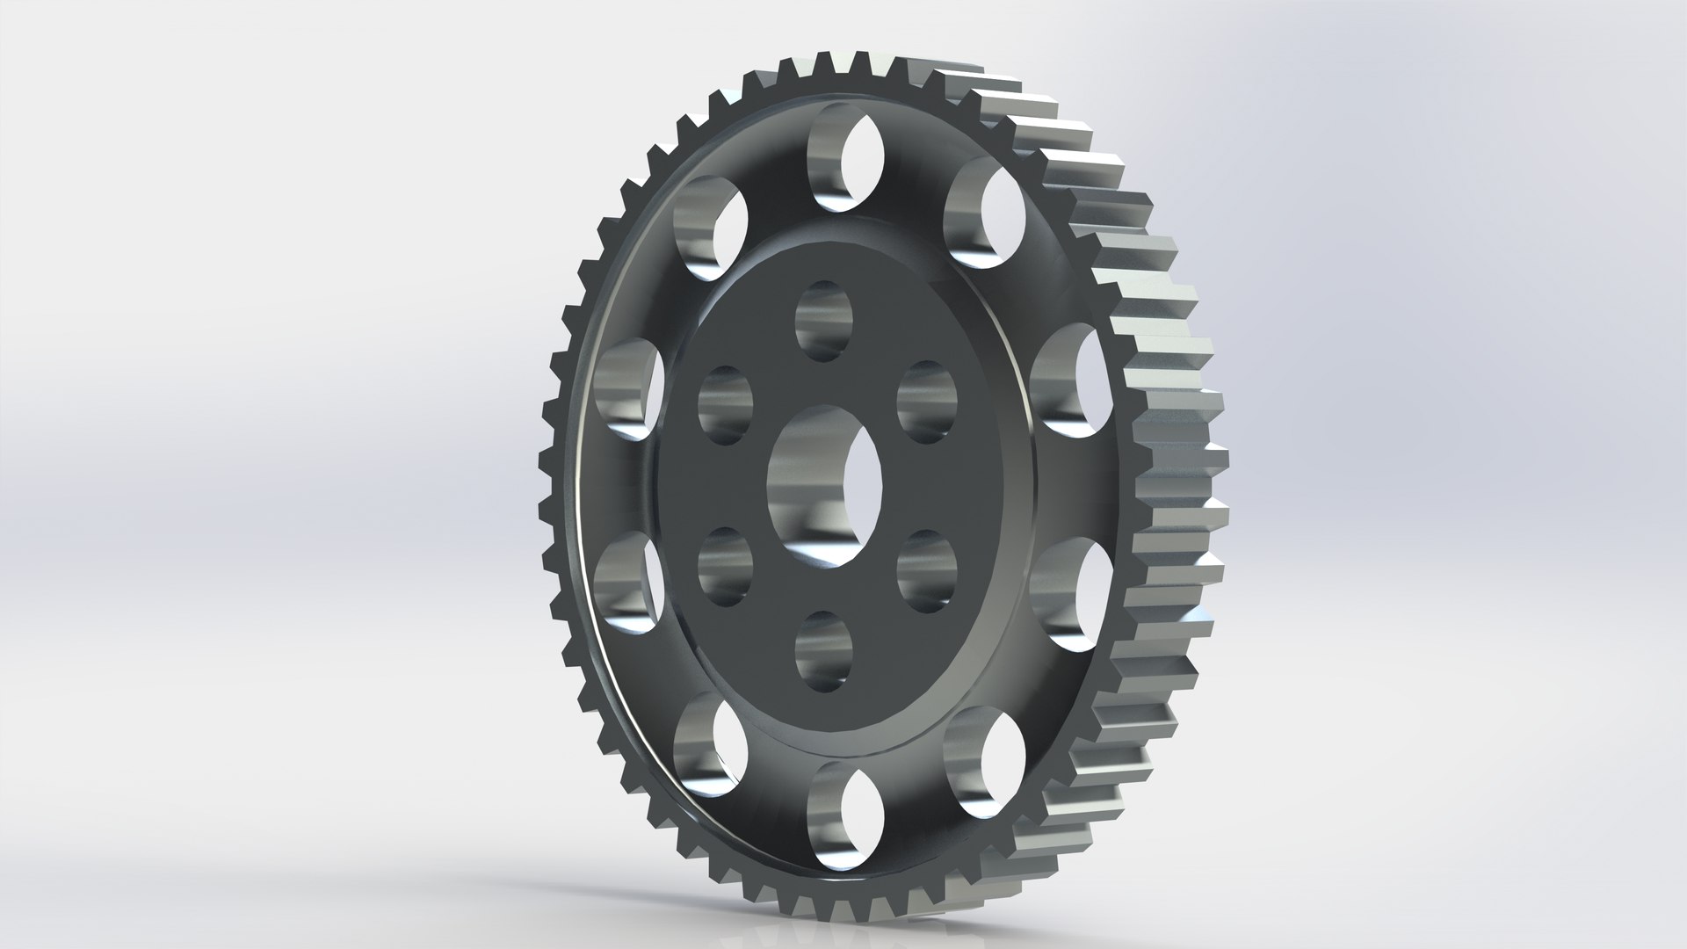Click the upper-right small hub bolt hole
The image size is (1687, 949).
coord(927,401)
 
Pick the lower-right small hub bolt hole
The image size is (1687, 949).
coord(927,571)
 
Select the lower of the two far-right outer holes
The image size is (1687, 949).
coord(1068,594)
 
